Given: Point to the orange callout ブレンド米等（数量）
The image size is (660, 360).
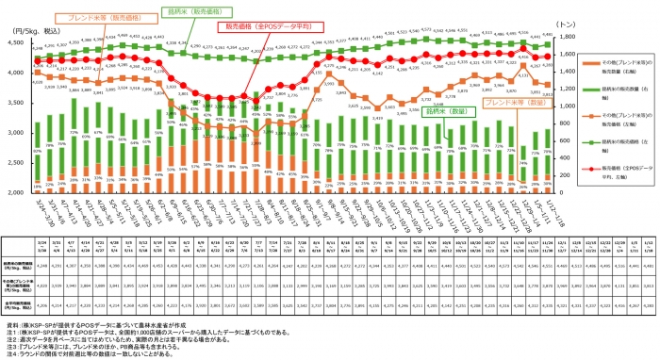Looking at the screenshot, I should pos(513,101).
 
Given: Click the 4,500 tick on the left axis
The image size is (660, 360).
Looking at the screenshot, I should pos(20,42).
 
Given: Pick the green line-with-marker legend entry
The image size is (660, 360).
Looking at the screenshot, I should pos(612,148).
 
